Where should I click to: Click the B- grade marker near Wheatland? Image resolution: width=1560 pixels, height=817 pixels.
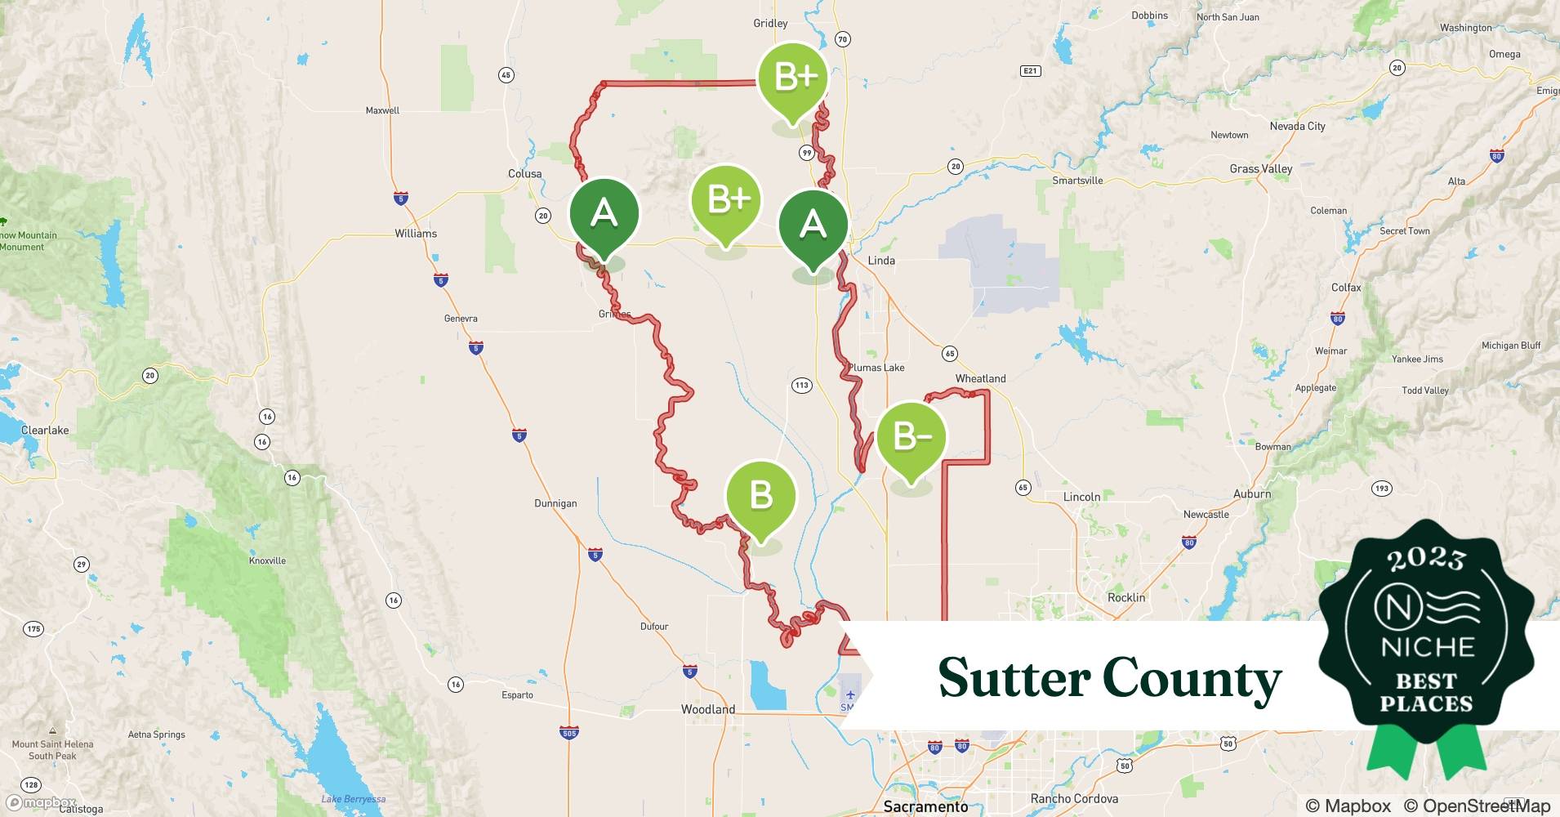click(x=911, y=438)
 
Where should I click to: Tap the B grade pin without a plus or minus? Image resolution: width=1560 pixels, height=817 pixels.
click(x=760, y=496)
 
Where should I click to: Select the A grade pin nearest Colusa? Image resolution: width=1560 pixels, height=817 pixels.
click(x=604, y=214)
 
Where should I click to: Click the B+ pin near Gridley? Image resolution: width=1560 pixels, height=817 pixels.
click(x=793, y=78)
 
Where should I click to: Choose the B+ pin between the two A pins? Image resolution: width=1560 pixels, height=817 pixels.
click(x=726, y=200)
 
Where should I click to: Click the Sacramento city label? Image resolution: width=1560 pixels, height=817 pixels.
click(x=925, y=806)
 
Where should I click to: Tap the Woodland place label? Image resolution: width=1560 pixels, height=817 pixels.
click(x=708, y=709)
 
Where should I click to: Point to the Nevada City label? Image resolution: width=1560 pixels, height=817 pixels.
click(x=1297, y=126)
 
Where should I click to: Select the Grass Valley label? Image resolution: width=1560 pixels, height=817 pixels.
click(x=1261, y=169)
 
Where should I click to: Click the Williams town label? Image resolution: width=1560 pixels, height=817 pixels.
click(x=416, y=234)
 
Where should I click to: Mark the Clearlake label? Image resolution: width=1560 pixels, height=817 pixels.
click(x=45, y=431)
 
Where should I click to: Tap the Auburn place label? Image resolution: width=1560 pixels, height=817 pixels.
click(x=1252, y=494)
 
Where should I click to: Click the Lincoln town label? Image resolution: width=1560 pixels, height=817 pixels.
click(x=1081, y=497)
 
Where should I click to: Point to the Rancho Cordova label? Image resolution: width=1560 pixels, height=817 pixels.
click(x=1074, y=798)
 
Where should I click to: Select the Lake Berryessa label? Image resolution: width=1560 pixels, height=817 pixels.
click(x=353, y=799)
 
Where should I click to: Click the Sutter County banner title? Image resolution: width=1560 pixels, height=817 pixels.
click(x=1109, y=678)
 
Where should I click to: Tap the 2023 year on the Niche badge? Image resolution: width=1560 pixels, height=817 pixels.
click(x=1426, y=559)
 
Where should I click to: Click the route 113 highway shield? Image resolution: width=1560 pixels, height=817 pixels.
click(x=801, y=385)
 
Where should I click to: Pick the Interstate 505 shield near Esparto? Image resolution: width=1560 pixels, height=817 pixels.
click(x=569, y=733)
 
